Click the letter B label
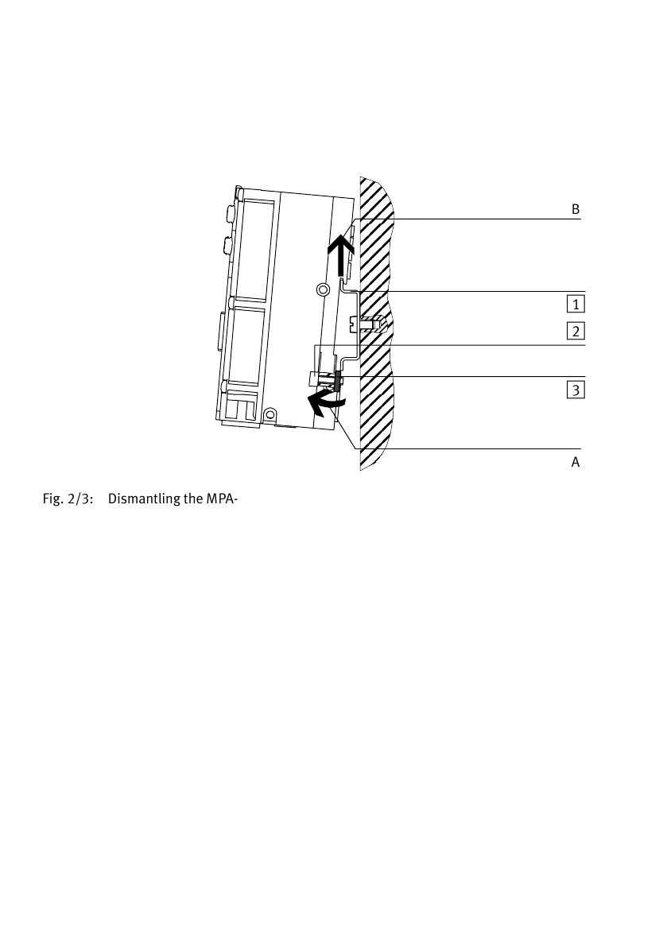point(576,209)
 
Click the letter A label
point(576,462)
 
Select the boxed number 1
point(576,303)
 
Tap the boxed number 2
point(576,331)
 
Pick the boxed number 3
point(576,390)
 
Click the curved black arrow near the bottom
point(326,403)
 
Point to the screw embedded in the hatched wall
point(367,324)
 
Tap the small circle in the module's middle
point(322,289)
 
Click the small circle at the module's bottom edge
point(270,413)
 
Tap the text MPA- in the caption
point(223,500)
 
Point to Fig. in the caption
point(54,500)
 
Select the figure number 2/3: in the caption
point(84,500)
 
